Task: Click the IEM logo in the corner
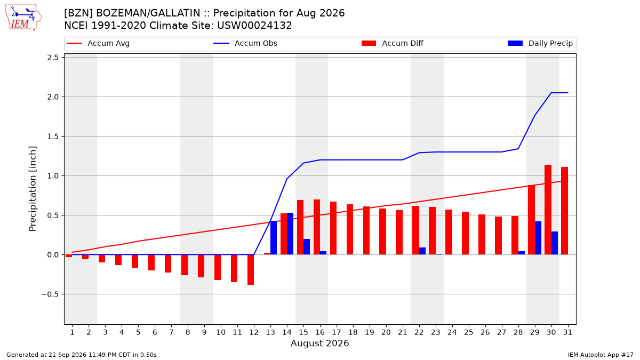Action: pyautogui.click(x=23, y=17)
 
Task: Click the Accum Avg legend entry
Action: pyautogui.click(x=98, y=43)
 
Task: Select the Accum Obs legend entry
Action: pyautogui.click(x=245, y=43)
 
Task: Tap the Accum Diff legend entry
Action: pyautogui.click(x=393, y=43)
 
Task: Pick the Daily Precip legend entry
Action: pyautogui.click(x=540, y=43)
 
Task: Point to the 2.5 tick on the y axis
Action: pyautogui.click(x=53, y=58)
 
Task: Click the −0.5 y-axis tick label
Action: pyautogui.click(x=50, y=294)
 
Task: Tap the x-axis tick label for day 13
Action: pyautogui.click(x=270, y=332)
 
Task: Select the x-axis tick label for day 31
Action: pyautogui.click(x=567, y=332)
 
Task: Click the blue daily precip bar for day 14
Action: pyautogui.click(x=290, y=234)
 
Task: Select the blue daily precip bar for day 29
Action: pyautogui.click(x=538, y=238)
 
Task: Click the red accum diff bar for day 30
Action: pyautogui.click(x=548, y=210)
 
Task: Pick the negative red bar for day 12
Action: pyautogui.click(x=251, y=270)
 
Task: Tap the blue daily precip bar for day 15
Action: pyautogui.click(x=307, y=247)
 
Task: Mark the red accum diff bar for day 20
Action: pyautogui.click(x=383, y=231)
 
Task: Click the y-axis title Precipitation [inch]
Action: pyautogui.click(x=33, y=189)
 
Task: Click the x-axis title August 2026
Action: pyautogui.click(x=319, y=343)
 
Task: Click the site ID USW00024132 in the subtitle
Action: pyautogui.click(x=254, y=26)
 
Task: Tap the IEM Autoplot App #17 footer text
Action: pyautogui.click(x=601, y=355)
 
